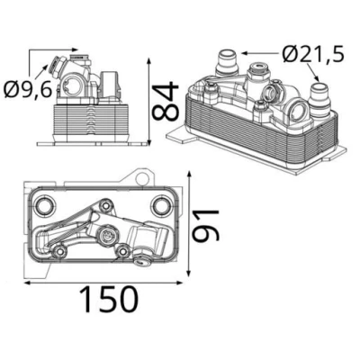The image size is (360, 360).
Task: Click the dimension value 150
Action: [112, 299]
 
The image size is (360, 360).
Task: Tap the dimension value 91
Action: [206, 226]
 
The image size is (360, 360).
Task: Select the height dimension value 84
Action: [166, 101]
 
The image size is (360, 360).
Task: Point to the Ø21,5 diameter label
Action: [312, 53]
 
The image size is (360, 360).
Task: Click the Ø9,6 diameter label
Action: [29, 89]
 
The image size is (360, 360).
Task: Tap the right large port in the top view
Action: [162, 206]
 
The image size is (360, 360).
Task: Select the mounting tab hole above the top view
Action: [142, 179]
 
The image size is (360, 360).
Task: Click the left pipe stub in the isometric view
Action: [227, 63]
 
